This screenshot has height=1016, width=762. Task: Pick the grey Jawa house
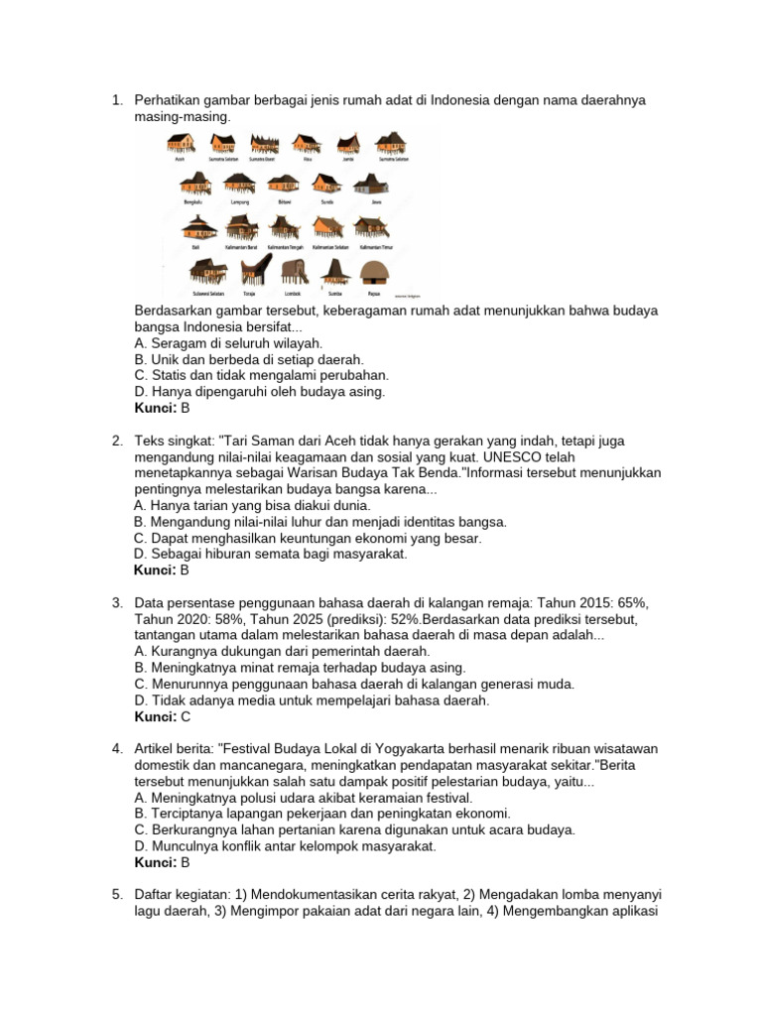[375, 185]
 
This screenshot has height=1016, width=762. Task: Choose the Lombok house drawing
[292, 270]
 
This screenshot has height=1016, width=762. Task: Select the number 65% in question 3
[624, 602]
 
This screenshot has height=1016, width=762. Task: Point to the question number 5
[116, 894]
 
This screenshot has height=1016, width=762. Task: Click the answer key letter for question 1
[184, 408]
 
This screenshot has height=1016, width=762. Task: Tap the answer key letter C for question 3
[185, 716]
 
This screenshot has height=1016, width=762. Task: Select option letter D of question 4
[140, 846]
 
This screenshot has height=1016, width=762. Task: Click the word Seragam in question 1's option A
[180, 343]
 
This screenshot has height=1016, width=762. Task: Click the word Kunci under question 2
[154, 571]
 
